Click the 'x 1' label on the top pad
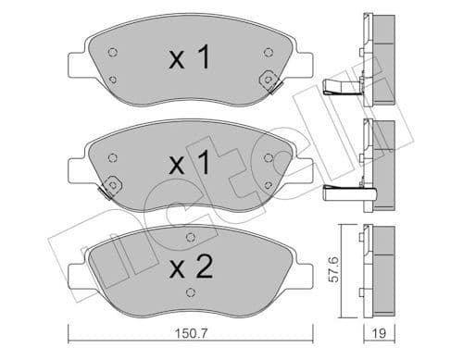click(189, 59)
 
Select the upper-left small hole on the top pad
click(113, 52)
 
